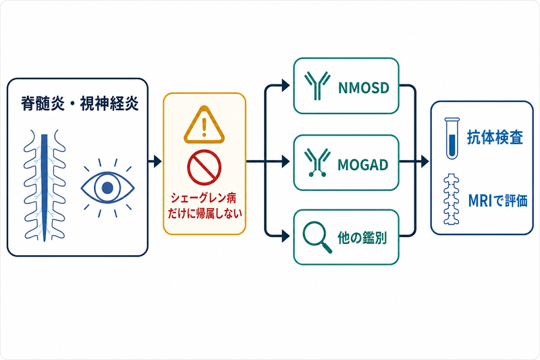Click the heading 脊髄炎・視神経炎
(80, 103)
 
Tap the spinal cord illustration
(45, 186)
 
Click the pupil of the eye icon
(107, 188)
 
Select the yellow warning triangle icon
(205, 125)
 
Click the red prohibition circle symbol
(205, 168)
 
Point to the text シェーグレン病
(204, 198)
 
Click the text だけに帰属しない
(205, 213)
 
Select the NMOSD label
(364, 88)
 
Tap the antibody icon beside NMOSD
(317, 86)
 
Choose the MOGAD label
(363, 165)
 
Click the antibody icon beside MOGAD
(317, 163)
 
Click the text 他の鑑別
(362, 238)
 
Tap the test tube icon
(452, 138)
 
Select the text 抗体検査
(495, 138)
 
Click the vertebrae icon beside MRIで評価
(452, 200)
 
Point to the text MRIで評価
(498, 201)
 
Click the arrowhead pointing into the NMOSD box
(286, 85)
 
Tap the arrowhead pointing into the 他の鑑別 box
(286, 236)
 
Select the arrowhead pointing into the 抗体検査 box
(425, 161)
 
